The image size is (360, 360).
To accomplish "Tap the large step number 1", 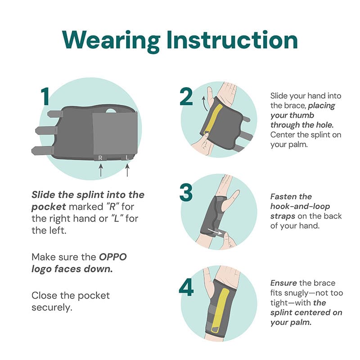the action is [x=45, y=96].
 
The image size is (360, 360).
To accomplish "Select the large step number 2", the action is [x=186, y=96].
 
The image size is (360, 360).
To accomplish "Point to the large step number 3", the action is [x=186, y=193].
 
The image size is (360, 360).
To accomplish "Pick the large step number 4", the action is [x=186, y=287].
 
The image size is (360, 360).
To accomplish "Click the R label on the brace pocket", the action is [x=100, y=158].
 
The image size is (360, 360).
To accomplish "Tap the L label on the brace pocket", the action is [x=127, y=157].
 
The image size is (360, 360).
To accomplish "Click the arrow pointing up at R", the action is [x=100, y=170].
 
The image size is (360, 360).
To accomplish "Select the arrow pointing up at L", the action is [x=127, y=170].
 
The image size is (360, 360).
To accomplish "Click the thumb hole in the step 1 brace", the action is [x=111, y=111].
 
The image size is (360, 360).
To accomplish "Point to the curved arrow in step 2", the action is [x=204, y=103].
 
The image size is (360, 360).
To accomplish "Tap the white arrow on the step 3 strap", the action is [x=215, y=231].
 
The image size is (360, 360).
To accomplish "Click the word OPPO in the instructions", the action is [x=113, y=257].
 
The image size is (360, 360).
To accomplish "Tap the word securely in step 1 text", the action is [x=52, y=308].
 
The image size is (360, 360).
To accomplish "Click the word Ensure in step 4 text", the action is [x=283, y=283].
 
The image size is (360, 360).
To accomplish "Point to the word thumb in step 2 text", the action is [x=303, y=115].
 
